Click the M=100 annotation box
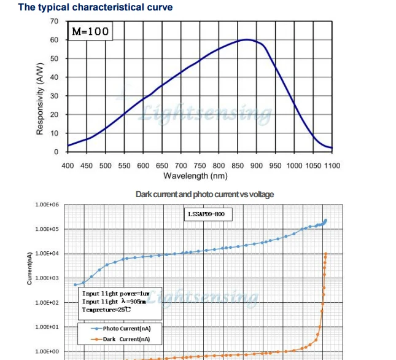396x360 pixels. (90, 31)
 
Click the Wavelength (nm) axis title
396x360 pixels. (195, 176)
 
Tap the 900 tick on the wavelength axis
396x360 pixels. (256, 165)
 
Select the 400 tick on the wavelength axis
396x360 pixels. (68, 165)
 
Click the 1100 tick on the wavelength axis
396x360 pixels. (332, 165)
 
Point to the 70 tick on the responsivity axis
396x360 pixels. (55, 22)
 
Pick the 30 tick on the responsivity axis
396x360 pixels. (55, 96)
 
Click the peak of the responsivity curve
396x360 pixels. (247, 40)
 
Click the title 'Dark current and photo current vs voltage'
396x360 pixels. (204, 194)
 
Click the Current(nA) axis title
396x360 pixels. (29, 268)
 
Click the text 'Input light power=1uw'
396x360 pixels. (115, 293)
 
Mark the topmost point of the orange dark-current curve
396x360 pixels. (325, 254)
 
